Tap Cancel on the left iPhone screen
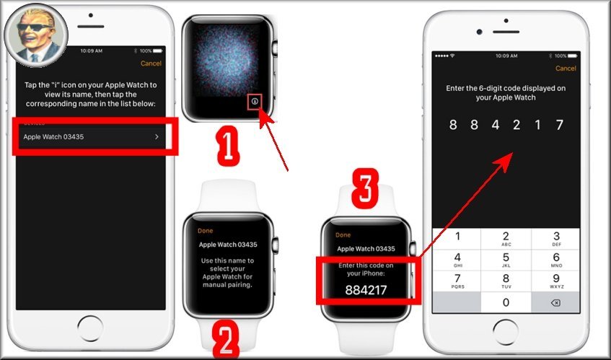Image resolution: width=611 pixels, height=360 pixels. click(151, 63)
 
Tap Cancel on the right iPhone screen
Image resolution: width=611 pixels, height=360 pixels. click(566, 69)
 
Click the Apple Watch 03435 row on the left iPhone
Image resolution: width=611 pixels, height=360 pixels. click(92, 137)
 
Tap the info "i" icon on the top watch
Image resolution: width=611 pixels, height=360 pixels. click(255, 101)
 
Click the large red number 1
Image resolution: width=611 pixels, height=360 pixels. click(227, 145)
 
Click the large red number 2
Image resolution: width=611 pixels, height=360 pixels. click(226, 340)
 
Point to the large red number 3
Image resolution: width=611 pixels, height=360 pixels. click(365, 188)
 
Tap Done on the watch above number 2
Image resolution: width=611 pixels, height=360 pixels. click(205, 231)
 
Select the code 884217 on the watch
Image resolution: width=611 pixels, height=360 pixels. click(366, 290)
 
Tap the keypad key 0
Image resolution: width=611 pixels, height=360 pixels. click(506, 302)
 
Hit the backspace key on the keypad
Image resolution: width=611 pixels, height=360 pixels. click(555, 303)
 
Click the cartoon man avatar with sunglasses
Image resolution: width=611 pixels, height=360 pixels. click(36, 35)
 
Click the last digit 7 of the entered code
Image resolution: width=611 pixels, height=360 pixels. click(560, 125)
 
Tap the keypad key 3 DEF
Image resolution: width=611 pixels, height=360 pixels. click(556, 239)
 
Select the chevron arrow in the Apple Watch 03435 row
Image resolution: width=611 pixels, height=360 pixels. click(157, 137)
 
